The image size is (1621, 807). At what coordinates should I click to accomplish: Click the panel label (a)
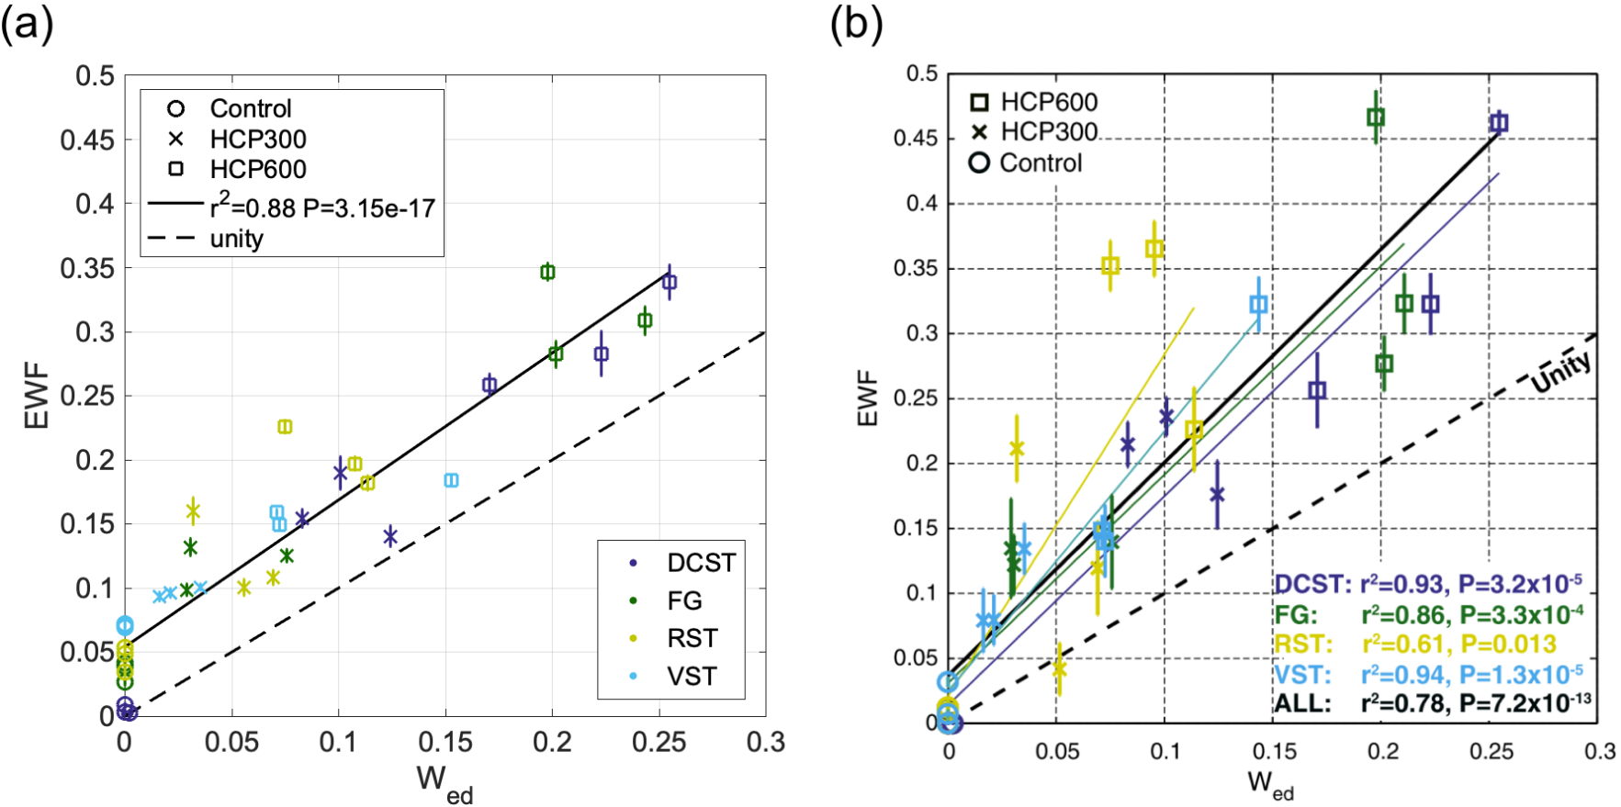coord(28,24)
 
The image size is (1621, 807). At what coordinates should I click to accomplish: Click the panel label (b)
coord(856,24)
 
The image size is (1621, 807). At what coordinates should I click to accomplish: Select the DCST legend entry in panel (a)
coord(701,563)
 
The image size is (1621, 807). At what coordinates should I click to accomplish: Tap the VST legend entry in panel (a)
coord(691,677)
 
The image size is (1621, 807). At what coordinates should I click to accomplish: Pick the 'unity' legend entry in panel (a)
coord(237,239)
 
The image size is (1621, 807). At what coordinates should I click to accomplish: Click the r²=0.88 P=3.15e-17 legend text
coord(322,207)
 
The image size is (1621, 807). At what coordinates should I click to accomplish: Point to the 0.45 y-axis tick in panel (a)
coord(88,140)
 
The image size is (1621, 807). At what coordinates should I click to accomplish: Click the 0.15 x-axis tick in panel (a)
coord(445,742)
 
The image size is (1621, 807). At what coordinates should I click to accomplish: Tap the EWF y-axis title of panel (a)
coord(37,396)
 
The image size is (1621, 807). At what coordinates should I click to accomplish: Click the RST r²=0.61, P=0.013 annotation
coord(1414,644)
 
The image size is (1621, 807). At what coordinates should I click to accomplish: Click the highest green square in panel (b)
coord(1375,118)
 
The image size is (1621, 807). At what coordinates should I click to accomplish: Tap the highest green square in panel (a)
coord(547,272)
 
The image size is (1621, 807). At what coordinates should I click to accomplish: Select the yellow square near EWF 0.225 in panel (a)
coord(285,427)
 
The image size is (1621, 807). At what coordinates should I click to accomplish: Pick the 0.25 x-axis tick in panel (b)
coord(1492,751)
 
